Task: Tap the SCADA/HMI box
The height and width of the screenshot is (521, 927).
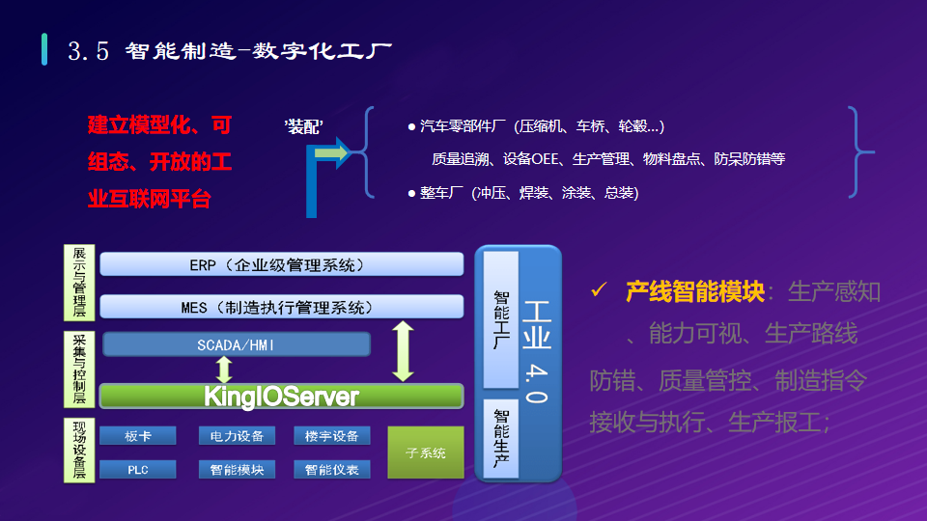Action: click(237, 344)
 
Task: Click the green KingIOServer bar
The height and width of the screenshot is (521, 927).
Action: click(281, 396)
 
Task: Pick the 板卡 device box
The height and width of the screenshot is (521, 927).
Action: click(138, 436)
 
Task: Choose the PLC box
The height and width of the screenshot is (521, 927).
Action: click(138, 470)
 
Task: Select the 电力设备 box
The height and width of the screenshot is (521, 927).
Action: click(237, 436)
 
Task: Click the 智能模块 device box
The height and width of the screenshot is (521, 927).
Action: click(237, 470)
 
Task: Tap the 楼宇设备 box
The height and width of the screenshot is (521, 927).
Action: click(331, 436)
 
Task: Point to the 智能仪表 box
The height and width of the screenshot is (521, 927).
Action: click(331, 470)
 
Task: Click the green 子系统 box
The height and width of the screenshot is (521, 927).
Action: click(425, 452)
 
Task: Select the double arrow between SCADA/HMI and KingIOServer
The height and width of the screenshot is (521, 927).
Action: click(224, 370)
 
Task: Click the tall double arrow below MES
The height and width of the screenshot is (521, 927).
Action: click(403, 350)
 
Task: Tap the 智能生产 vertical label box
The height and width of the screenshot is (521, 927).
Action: click(501, 439)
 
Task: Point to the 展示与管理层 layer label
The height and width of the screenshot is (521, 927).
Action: click(79, 282)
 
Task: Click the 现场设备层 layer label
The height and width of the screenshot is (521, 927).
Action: click(79, 450)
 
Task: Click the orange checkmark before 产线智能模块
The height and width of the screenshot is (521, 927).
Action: click(599, 289)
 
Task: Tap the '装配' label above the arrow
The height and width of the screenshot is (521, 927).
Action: click(303, 126)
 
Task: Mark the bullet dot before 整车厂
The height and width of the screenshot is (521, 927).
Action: click(411, 193)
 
